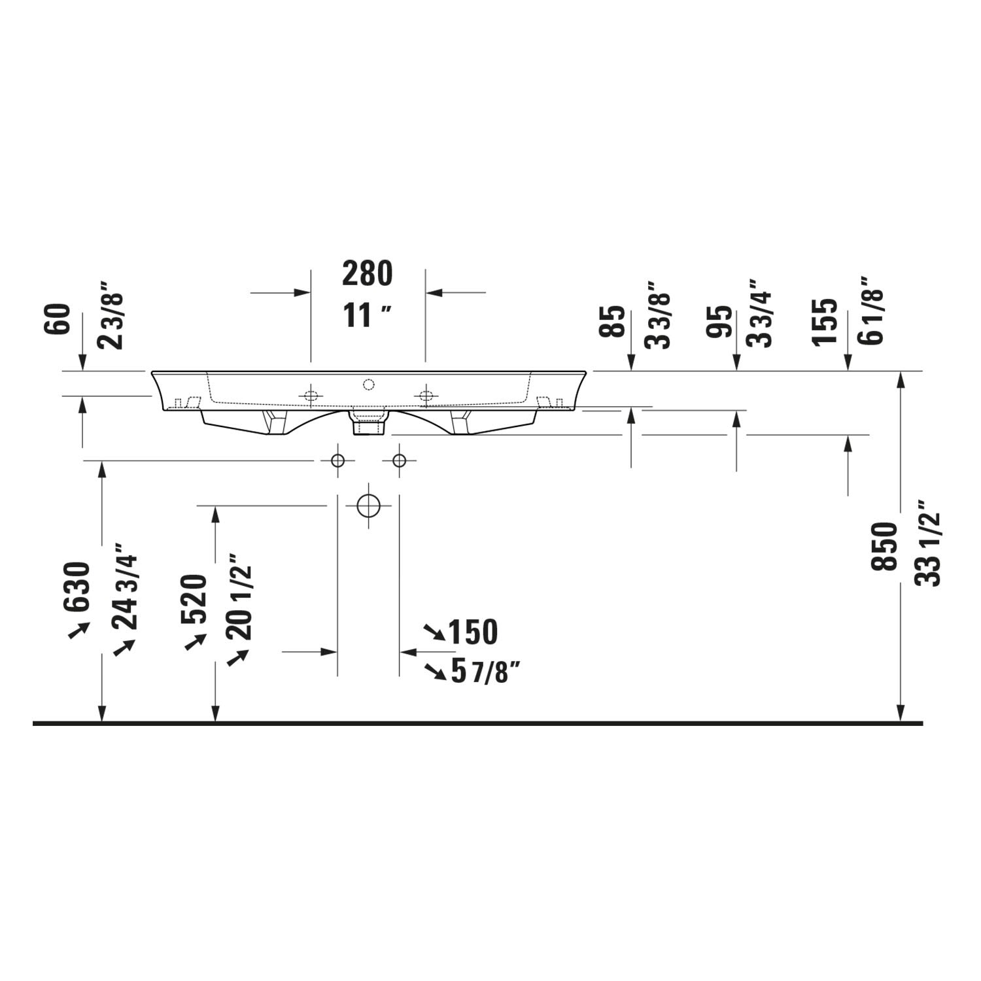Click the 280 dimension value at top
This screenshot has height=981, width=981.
pos(368,273)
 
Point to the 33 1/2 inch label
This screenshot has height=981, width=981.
pos(927,543)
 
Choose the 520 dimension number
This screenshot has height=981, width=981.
pos(194,598)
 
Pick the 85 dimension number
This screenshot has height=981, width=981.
pos(613,321)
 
